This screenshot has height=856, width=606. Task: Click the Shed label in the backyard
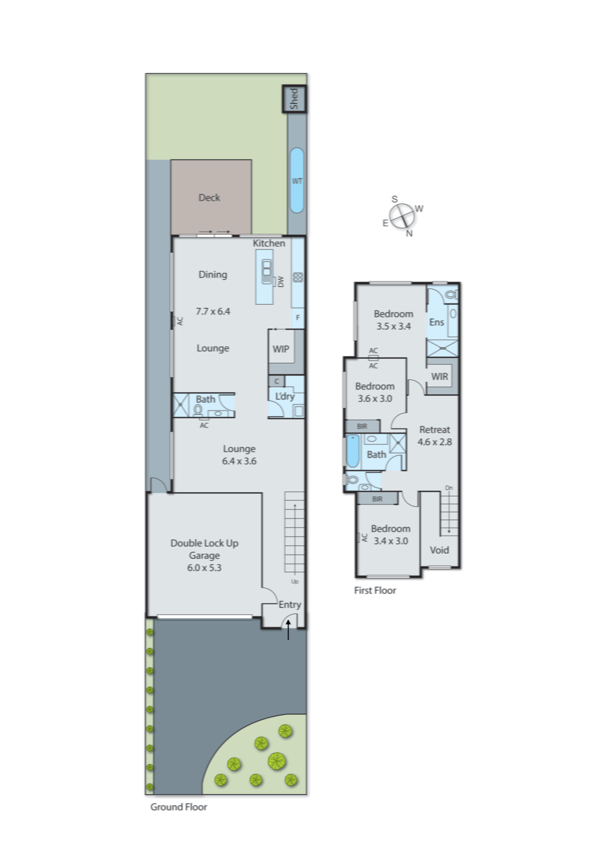pos(294,99)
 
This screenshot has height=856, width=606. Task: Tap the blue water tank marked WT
pos(296,181)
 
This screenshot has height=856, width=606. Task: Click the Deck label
pos(209,197)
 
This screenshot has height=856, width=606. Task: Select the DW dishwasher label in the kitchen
pos(281,281)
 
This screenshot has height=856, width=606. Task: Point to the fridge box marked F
pos(298,317)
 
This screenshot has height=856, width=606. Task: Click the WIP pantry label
pos(281,349)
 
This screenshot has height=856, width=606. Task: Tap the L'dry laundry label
pos(285,396)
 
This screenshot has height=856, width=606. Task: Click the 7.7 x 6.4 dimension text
pos(213,311)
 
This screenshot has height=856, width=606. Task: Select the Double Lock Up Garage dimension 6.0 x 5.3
pos(204,568)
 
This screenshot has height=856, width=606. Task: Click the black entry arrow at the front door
pos(288,630)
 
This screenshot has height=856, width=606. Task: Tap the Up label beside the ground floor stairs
pos(295,581)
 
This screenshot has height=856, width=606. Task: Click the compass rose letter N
pos(409,233)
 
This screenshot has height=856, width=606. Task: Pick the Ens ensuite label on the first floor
pos(436,322)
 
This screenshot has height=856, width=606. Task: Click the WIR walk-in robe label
pos(440,377)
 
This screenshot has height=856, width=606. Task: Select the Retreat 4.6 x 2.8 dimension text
pos(434,442)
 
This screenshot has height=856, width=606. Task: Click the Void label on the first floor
pos(439,550)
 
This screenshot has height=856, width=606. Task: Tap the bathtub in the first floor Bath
pos(353,451)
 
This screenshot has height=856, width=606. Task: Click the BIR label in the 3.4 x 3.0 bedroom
pos(377,499)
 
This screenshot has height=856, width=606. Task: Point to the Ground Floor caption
pos(178,807)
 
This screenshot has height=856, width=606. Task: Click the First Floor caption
pos(375,590)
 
